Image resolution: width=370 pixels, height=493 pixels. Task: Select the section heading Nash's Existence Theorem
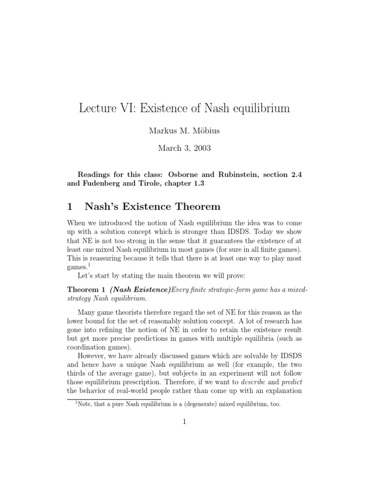click(x=152, y=207)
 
